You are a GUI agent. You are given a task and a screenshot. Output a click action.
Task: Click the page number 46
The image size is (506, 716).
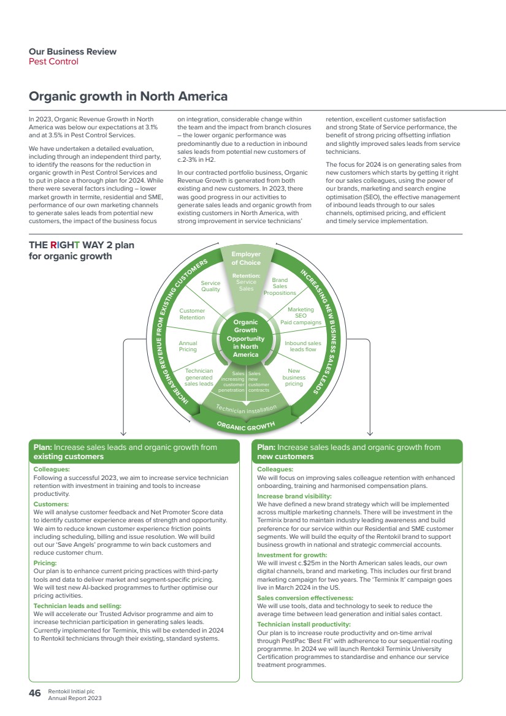35,693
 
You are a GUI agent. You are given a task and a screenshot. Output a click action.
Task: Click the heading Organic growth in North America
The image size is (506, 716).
128,96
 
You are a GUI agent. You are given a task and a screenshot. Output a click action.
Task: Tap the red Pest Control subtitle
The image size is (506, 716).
53,62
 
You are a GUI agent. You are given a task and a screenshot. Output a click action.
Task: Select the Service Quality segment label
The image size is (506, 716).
210,286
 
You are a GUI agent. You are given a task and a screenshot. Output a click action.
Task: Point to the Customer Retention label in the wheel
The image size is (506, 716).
192,314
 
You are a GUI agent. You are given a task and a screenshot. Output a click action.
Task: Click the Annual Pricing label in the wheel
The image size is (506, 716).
188,346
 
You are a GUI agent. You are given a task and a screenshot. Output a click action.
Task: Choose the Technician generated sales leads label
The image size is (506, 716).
199,377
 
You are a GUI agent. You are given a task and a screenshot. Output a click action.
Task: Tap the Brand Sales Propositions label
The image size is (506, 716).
280,286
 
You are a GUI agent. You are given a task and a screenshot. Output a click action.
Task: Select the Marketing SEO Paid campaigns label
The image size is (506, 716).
301,316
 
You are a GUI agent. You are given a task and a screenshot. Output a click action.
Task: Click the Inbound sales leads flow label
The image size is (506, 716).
303,346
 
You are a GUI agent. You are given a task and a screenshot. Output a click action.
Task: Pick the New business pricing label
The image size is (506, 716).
294,377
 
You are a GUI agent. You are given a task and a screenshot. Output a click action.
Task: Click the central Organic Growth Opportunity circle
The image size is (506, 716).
246,338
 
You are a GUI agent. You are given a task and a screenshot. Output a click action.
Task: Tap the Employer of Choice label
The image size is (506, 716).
246,258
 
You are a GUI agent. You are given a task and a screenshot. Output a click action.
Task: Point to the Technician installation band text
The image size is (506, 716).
246,409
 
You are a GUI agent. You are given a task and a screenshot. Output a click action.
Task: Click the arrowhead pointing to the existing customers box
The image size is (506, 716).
123,433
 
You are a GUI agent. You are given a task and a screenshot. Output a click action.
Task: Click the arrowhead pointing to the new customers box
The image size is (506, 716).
370,433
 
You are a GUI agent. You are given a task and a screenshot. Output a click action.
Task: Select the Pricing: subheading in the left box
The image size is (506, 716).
45,563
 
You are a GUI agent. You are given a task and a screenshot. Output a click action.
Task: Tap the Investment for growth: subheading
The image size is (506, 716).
292,555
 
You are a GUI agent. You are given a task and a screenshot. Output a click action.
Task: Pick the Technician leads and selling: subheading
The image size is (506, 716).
77,606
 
